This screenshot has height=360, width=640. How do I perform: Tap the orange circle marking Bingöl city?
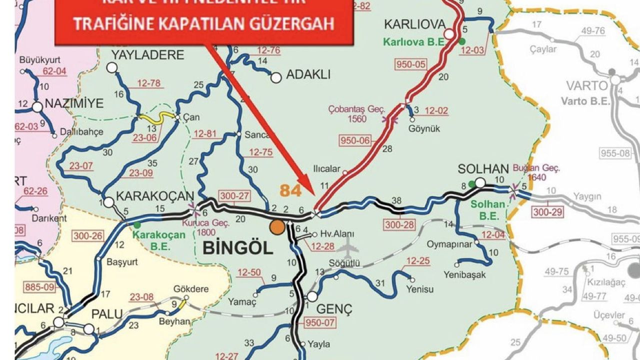click(x=277, y=227)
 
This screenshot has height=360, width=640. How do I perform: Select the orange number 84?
click(x=291, y=190)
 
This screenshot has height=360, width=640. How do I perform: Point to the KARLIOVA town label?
click(x=414, y=24)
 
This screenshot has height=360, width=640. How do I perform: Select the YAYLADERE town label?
click(x=140, y=54)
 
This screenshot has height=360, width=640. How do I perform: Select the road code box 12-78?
click(x=149, y=83)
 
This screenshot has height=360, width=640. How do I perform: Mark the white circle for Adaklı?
click(x=275, y=77)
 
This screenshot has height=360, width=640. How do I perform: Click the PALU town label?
click(x=107, y=314)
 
